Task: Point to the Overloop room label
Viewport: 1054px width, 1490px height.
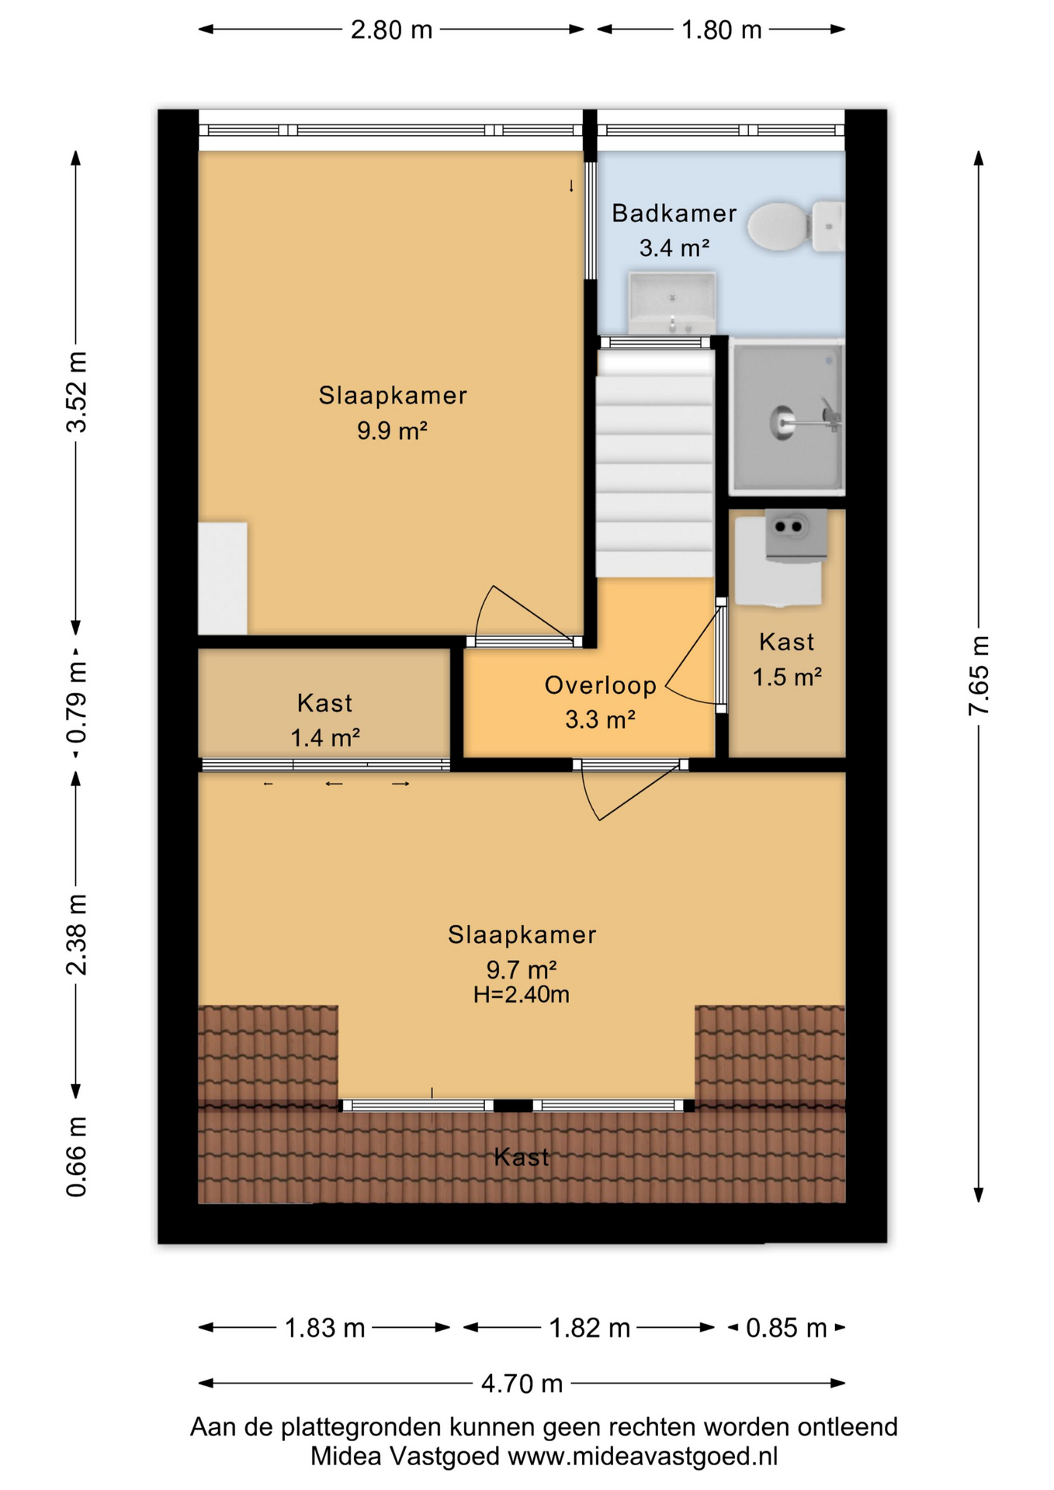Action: [601, 685]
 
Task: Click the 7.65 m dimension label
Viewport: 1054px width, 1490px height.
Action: [979, 676]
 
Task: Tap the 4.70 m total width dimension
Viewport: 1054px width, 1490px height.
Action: [522, 1384]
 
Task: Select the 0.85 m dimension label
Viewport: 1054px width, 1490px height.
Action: [786, 1328]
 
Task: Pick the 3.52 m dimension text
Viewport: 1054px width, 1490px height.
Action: [76, 392]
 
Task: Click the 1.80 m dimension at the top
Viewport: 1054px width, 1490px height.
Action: [721, 29]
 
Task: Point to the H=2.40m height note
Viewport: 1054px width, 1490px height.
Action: [522, 995]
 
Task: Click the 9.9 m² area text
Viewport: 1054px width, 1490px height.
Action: [392, 430]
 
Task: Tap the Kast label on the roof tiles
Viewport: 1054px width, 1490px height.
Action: [522, 1157]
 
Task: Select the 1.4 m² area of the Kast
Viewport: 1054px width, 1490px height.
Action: [325, 737]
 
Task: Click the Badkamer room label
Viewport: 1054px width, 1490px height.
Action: [674, 213]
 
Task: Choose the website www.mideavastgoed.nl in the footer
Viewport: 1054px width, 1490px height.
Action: [643, 1456]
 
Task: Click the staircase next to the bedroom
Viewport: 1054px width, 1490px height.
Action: [654, 463]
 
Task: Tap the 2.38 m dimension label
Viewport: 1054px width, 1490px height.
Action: [76, 934]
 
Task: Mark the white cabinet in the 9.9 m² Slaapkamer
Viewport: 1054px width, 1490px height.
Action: [223, 578]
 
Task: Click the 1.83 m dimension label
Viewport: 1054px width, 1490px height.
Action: [324, 1328]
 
